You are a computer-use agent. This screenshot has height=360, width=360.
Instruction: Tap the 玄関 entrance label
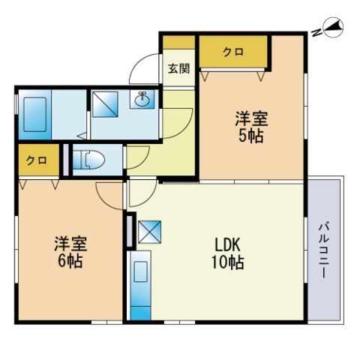coord(178,68)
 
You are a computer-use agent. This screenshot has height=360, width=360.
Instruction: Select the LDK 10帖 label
coord(228,253)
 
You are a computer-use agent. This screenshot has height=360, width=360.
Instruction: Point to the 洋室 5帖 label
coord(251,127)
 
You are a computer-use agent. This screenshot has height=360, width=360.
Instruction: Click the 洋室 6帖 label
coord(70,252)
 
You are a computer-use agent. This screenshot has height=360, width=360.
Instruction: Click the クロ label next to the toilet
coord(37,160)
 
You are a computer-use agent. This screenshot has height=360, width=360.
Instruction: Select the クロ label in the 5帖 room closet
coord(233,52)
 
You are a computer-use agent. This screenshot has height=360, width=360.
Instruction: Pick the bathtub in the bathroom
coord(35,114)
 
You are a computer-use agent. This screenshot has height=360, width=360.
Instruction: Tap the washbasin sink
coord(142,100)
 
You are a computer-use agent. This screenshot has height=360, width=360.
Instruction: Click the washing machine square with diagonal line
coord(105,104)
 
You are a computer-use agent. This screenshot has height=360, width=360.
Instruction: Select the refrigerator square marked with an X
coord(150,232)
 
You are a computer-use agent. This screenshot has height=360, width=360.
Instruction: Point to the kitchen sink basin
coord(140,272)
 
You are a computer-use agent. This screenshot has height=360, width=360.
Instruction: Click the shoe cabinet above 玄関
coord(178,42)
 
